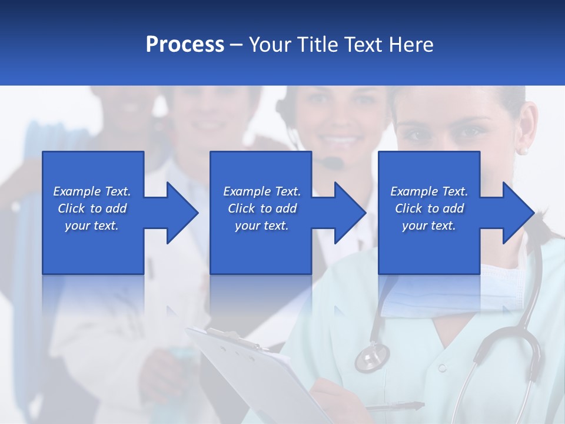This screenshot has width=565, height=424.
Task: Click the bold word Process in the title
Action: click(185, 45)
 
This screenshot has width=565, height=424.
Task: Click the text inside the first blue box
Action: click(92, 208)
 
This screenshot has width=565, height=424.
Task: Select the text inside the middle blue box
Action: click(262, 208)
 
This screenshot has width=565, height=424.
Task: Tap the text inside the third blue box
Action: click(429, 208)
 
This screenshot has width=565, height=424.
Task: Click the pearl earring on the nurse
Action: click(523, 151)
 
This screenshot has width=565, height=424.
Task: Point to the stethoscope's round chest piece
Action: click(372, 357)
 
